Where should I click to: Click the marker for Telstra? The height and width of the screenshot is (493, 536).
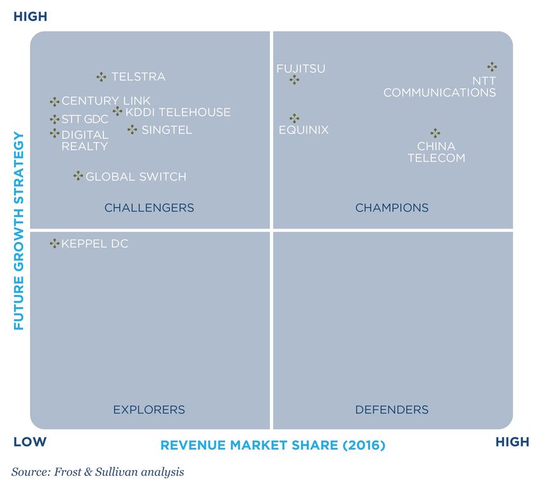[x=101, y=77]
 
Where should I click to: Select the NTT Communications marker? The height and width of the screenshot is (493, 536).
[x=492, y=66]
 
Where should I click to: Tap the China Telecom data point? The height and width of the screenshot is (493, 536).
[x=435, y=133]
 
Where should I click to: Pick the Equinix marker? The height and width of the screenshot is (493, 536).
[x=294, y=118]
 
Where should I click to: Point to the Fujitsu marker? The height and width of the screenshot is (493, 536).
[x=294, y=80]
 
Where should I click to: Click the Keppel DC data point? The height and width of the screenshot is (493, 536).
[x=55, y=243]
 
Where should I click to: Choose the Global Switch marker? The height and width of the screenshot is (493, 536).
[x=78, y=176]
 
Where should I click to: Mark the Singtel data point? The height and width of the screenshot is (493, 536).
[x=132, y=129]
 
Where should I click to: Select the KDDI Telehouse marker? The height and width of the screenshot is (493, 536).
[x=117, y=112]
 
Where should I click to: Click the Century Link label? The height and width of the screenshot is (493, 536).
[x=106, y=101]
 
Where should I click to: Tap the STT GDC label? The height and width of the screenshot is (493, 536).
[x=85, y=119]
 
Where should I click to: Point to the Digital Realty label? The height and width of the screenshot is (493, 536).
[x=85, y=141]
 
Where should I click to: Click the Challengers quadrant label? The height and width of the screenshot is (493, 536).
[x=149, y=208]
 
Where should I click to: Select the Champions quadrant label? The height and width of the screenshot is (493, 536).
[x=392, y=208]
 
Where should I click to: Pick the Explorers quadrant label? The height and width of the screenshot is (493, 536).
[x=149, y=410]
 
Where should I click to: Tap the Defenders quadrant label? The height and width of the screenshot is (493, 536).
[x=392, y=410]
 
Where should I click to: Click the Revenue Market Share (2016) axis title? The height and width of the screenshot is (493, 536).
[x=272, y=445]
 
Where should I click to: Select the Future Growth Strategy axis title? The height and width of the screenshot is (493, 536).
[x=19, y=231]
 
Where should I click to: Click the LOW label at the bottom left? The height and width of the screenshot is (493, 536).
[x=30, y=442]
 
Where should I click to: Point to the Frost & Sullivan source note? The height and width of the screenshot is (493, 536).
[x=97, y=472]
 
